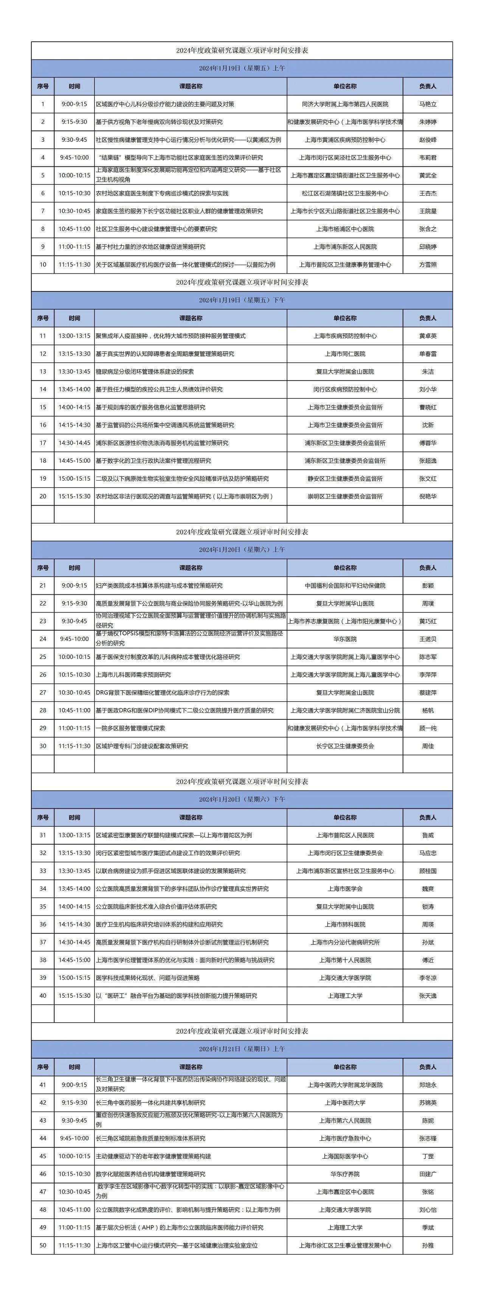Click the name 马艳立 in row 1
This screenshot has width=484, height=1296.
[x=427, y=104]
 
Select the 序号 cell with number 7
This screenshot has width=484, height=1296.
[x=43, y=211]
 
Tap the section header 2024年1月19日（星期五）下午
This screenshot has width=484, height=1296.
[x=242, y=300]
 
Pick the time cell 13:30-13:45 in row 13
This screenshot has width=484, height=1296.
[x=74, y=371]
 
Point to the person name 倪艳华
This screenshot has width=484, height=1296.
[x=427, y=496]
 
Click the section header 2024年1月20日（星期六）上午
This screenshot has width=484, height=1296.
[x=242, y=549]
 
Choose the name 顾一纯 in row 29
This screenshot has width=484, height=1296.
[x=427, y=728]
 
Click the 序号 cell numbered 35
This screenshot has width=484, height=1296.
[x=43, y=907]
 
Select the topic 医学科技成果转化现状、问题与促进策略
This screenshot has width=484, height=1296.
[x=147, y=978]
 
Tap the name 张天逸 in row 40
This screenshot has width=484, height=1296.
[x=427, y=996]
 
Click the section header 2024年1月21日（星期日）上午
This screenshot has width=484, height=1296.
[x=242, y=1049]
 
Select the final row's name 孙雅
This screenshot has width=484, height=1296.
[x=427, y=1245]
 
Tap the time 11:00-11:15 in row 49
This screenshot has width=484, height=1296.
[x=74, y=1228]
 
